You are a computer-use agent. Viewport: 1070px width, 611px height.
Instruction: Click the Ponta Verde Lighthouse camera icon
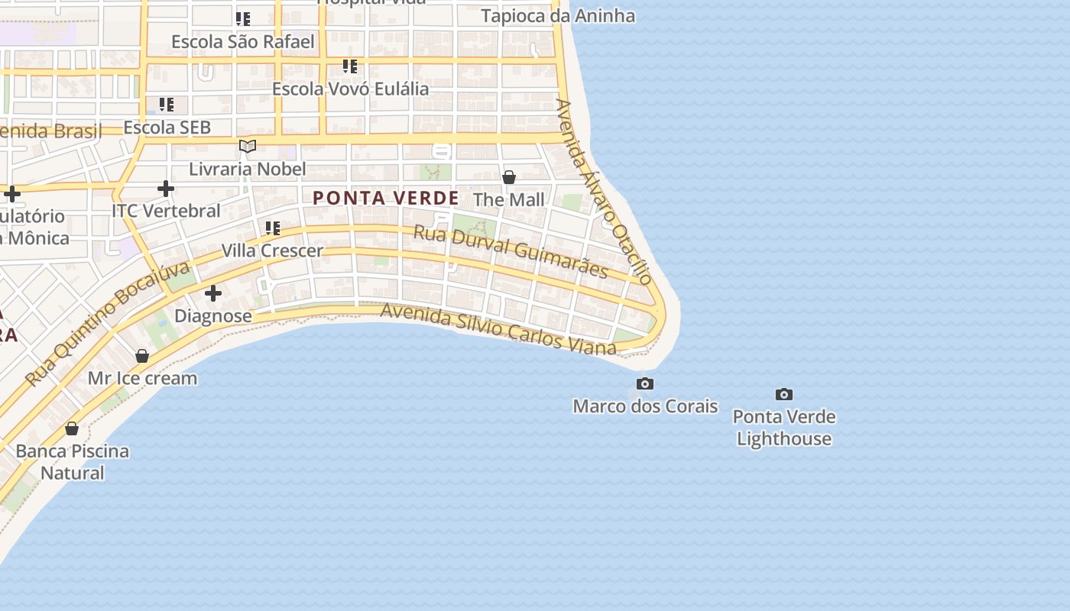[x=783, y=395]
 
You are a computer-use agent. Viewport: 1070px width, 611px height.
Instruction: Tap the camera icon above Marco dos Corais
[x=645, y=383]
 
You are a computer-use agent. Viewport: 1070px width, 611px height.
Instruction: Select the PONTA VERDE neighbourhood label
[x=386, y=198]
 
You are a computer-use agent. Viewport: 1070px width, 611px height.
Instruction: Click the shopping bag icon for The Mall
[x=509, y=177]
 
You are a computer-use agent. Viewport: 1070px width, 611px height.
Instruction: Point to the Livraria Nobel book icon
[x=247, y=146]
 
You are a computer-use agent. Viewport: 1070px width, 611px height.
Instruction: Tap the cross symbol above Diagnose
[x=213, y=293]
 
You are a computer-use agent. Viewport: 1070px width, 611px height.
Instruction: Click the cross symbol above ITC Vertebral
[x=166, y=188]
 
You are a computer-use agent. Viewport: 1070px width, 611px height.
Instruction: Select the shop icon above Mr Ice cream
[x=142, y=356]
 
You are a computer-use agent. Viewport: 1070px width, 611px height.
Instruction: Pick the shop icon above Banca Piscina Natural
[x=72, y=428]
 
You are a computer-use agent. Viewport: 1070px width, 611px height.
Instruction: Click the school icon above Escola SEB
[x=167, y=105]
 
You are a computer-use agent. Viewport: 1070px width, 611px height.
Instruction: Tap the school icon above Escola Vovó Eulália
[x=350, y=66]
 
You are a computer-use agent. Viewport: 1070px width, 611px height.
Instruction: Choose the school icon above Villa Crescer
[x=273, y=228]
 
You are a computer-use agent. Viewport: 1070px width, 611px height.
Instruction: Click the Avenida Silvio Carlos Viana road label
[x=498, y=329]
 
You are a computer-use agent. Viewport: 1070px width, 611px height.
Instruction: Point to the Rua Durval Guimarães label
[x=511, y=251]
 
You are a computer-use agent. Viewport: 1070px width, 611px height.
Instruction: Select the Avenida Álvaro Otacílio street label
[x=605, y=191]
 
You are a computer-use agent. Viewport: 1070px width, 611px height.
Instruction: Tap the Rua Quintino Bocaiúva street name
[x=107, y=324]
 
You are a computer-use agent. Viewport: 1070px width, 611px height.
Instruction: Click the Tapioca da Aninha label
[x=558, y=15]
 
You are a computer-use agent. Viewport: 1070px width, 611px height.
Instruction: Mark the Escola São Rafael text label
[x=243, y=41]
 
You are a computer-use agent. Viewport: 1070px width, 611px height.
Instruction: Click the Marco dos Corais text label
[x=645, y=406]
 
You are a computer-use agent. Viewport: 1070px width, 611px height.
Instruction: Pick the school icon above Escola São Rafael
[x=243, y=18]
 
